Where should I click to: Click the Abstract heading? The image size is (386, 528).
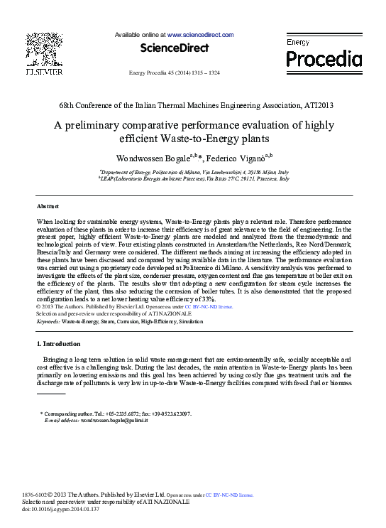48,206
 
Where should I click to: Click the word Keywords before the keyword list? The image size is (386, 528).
48,322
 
